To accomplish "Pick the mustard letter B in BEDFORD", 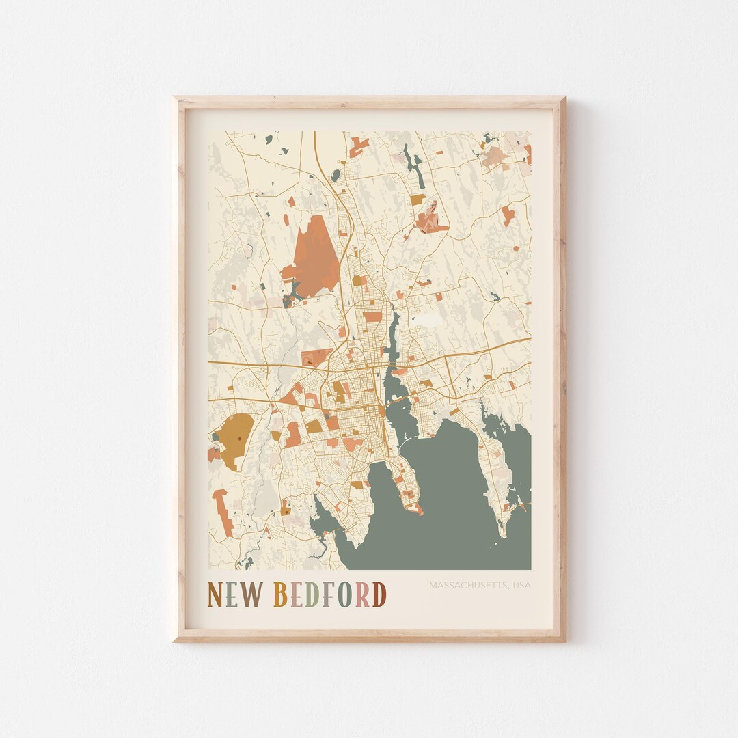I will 280,594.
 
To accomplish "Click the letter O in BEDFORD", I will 345,594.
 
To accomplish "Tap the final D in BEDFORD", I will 379,594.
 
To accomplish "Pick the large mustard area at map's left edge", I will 234,437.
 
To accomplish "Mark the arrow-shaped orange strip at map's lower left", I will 223,512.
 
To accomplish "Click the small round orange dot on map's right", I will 515,247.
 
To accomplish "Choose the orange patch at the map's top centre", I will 359,144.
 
